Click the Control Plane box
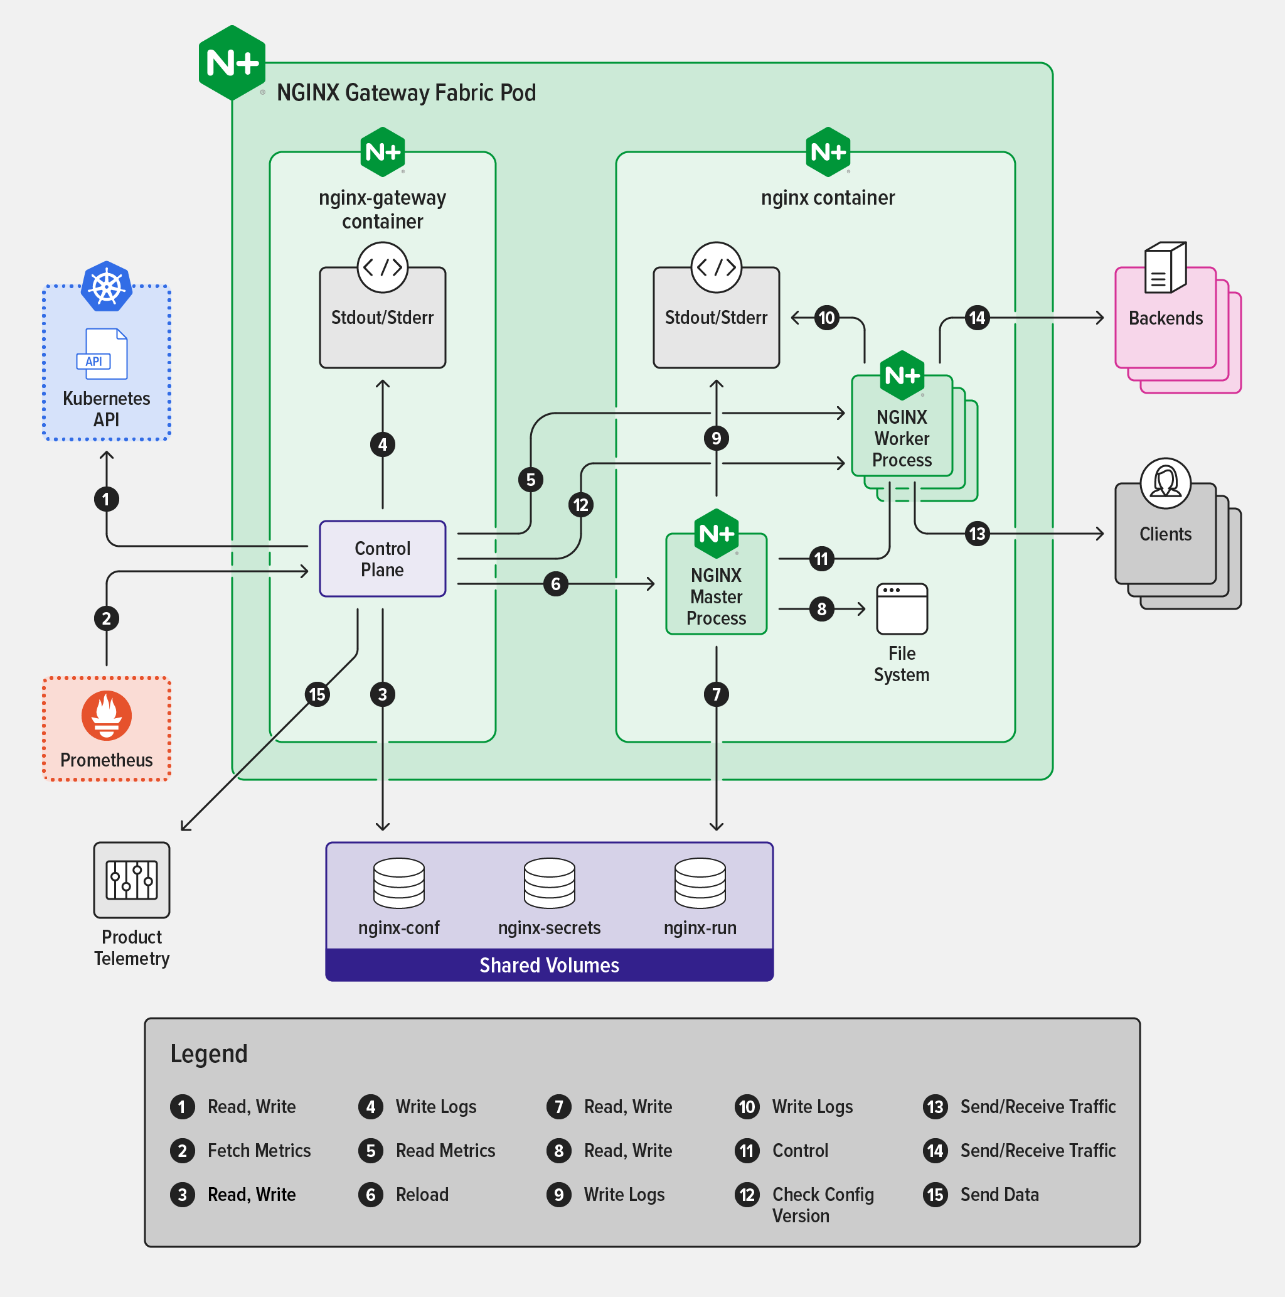[383, 559]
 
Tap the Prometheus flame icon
[107, 715]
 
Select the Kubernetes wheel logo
[107, 287]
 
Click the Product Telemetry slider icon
[132, 880]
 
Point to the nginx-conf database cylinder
[398, 883]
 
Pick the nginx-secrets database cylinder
[549, 883]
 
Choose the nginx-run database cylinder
[700, 883]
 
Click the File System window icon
[902, 609]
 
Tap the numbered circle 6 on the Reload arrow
[556, 584]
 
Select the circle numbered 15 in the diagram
[317, 694]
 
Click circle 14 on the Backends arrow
[977, 318]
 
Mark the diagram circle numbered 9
[716, 438]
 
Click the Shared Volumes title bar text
[549, 966]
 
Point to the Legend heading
[209, 1054]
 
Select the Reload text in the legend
[422, 1195]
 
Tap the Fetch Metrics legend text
[259, 1151]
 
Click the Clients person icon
[1166, 483]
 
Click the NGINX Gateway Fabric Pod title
[406, 93]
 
